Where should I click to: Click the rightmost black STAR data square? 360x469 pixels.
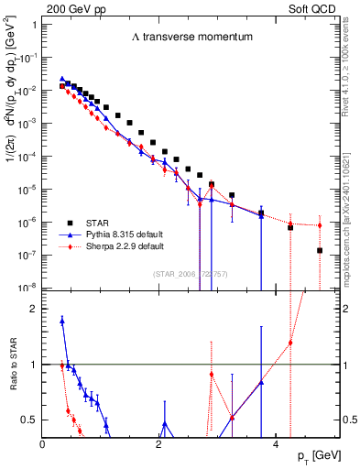[x=320, y=250]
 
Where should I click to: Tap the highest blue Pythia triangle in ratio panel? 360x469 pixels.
[x=61, y=321]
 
